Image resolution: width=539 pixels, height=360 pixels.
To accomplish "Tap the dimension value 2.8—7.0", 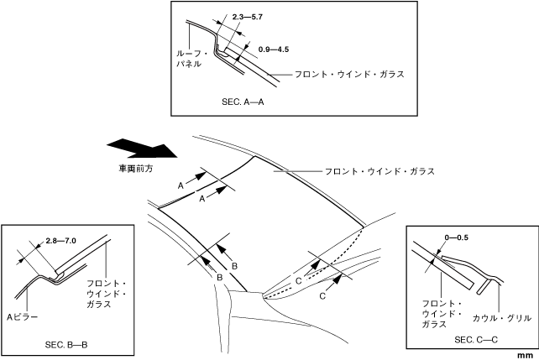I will (60, 242).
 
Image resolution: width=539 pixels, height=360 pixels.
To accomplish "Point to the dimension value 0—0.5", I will (457, 238).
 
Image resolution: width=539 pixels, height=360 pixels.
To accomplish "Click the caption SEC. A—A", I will (243, 99).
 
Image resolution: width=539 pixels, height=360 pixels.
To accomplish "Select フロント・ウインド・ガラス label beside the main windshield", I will (379, 171).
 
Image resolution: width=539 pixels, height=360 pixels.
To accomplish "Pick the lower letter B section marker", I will (219, 276).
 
